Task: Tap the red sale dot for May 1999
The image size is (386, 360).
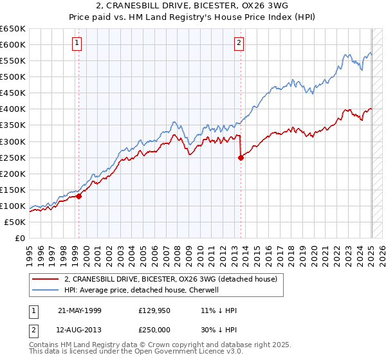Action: pos(79,197)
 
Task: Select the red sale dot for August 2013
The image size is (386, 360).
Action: pos(241,157)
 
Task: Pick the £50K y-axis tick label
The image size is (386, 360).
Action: pos(15,222)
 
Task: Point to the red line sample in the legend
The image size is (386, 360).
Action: pos(46,279)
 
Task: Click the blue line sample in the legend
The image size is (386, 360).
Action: pos(46,290)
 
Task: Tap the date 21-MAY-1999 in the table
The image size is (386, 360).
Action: pos(78,310)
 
